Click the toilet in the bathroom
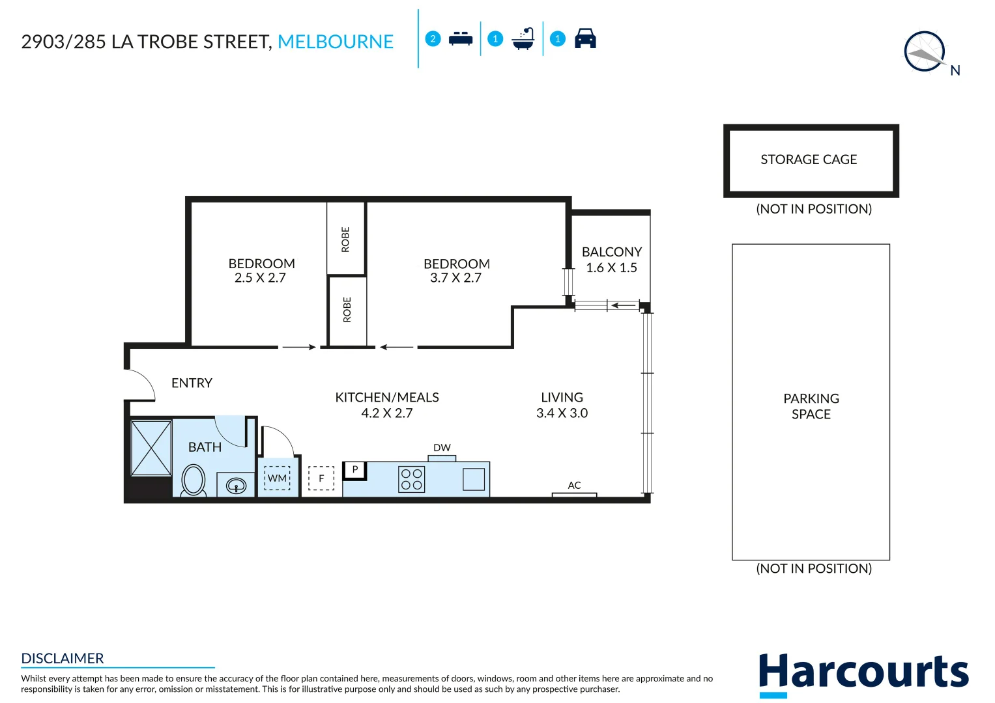click(x=194, y=480)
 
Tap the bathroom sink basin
click(x=236, y=486)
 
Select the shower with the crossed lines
click(x=151, y=448)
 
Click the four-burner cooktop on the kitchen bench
click(x=411, y=480)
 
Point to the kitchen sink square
click(x=474, y=479)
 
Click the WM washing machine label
click(x=277, y=478)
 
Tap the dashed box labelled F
click(x=321, y=478)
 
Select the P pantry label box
click(x=355, y=469)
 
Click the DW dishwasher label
click(x=442, y=448)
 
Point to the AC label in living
click(x=574, y=486)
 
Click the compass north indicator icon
click(x=926, y=52)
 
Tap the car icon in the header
click(x=585, y=39)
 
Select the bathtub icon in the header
click(x=523, y=39)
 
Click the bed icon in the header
click(x=461, y=39)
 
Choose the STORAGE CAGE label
click(x=809, y=159)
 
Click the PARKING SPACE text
click(x=811, y=406)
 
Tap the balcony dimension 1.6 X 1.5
click(x=611, y=268)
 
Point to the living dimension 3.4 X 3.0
click(x=562, y=413)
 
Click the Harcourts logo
click(x=863, y=673)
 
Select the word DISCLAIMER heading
click(x=63, y=658)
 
